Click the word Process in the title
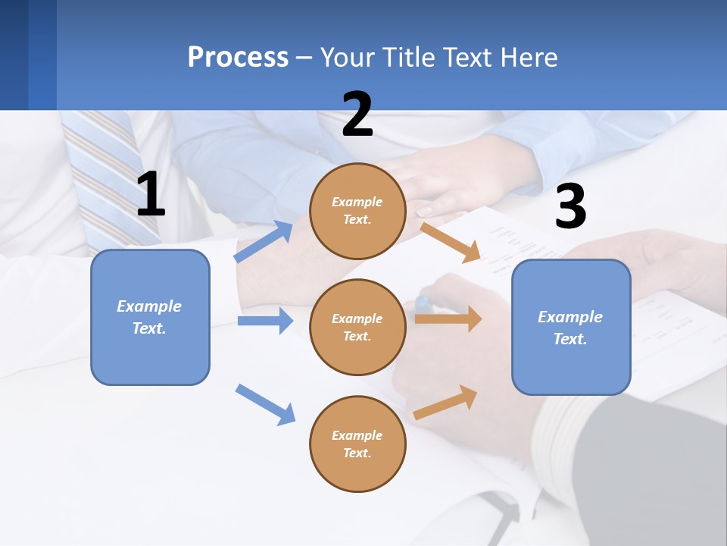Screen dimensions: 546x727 tap(238, 58)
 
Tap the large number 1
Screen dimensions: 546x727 tap(151, 195)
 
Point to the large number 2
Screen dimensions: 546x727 tap(357, 115)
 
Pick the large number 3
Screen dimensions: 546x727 tap(570, 206)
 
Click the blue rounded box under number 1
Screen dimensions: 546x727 tap(150, 317)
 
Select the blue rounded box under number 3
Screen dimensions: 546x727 tap(571, 327)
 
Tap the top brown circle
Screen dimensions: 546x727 tap(357, 211)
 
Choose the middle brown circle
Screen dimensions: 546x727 tap(357, 327)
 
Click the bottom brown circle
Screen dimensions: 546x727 tap(357, 444)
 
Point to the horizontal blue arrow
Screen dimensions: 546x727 tap(265, 321)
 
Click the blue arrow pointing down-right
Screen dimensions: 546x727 tap(265, 404)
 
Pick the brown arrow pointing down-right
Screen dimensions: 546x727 tap(451, 242)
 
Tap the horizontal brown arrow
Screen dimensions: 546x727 tap(448, 318)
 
